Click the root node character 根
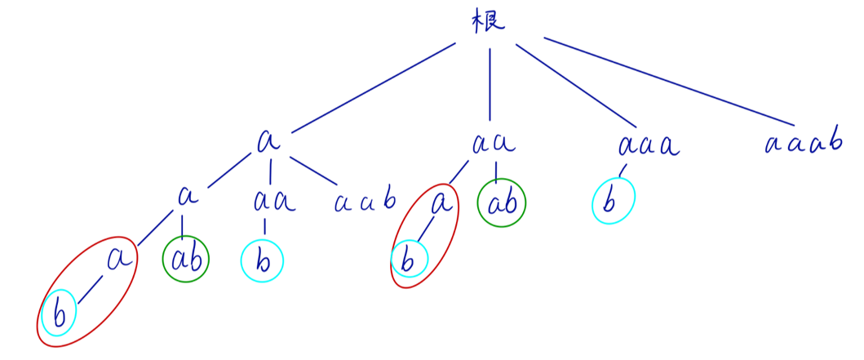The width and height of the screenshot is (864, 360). (x=489, y=22)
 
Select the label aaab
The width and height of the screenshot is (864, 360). (x=803, y=144)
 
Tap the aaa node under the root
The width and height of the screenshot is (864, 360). (x=649, y=146)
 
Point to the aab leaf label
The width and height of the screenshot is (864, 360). (x=365, y=200)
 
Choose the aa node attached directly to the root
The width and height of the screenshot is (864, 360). (x=494, y=144)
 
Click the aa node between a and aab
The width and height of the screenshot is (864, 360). (x=273, y=200)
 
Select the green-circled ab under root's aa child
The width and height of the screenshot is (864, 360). (x=502, y=202)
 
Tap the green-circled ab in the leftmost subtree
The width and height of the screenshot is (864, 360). (x=186, y=260)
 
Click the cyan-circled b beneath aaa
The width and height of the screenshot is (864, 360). (x=613, y=201)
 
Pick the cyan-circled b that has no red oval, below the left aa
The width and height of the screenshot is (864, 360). (x=262, y=261)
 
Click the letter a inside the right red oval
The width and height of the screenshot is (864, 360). (x=441, y=201)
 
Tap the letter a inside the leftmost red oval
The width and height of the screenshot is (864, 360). (x=119, y=259)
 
